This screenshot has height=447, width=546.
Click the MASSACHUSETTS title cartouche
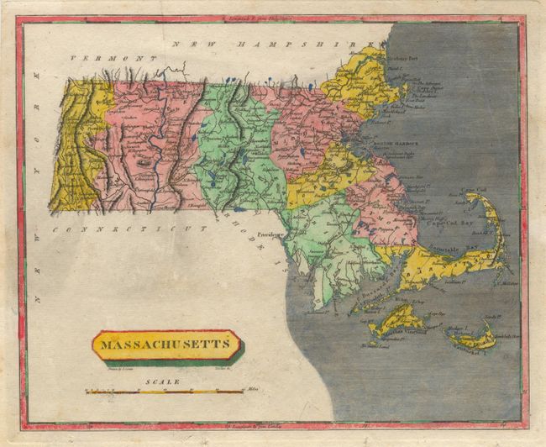165,344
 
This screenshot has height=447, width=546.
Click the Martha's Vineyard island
395,319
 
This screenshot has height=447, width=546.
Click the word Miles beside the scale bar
253,390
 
